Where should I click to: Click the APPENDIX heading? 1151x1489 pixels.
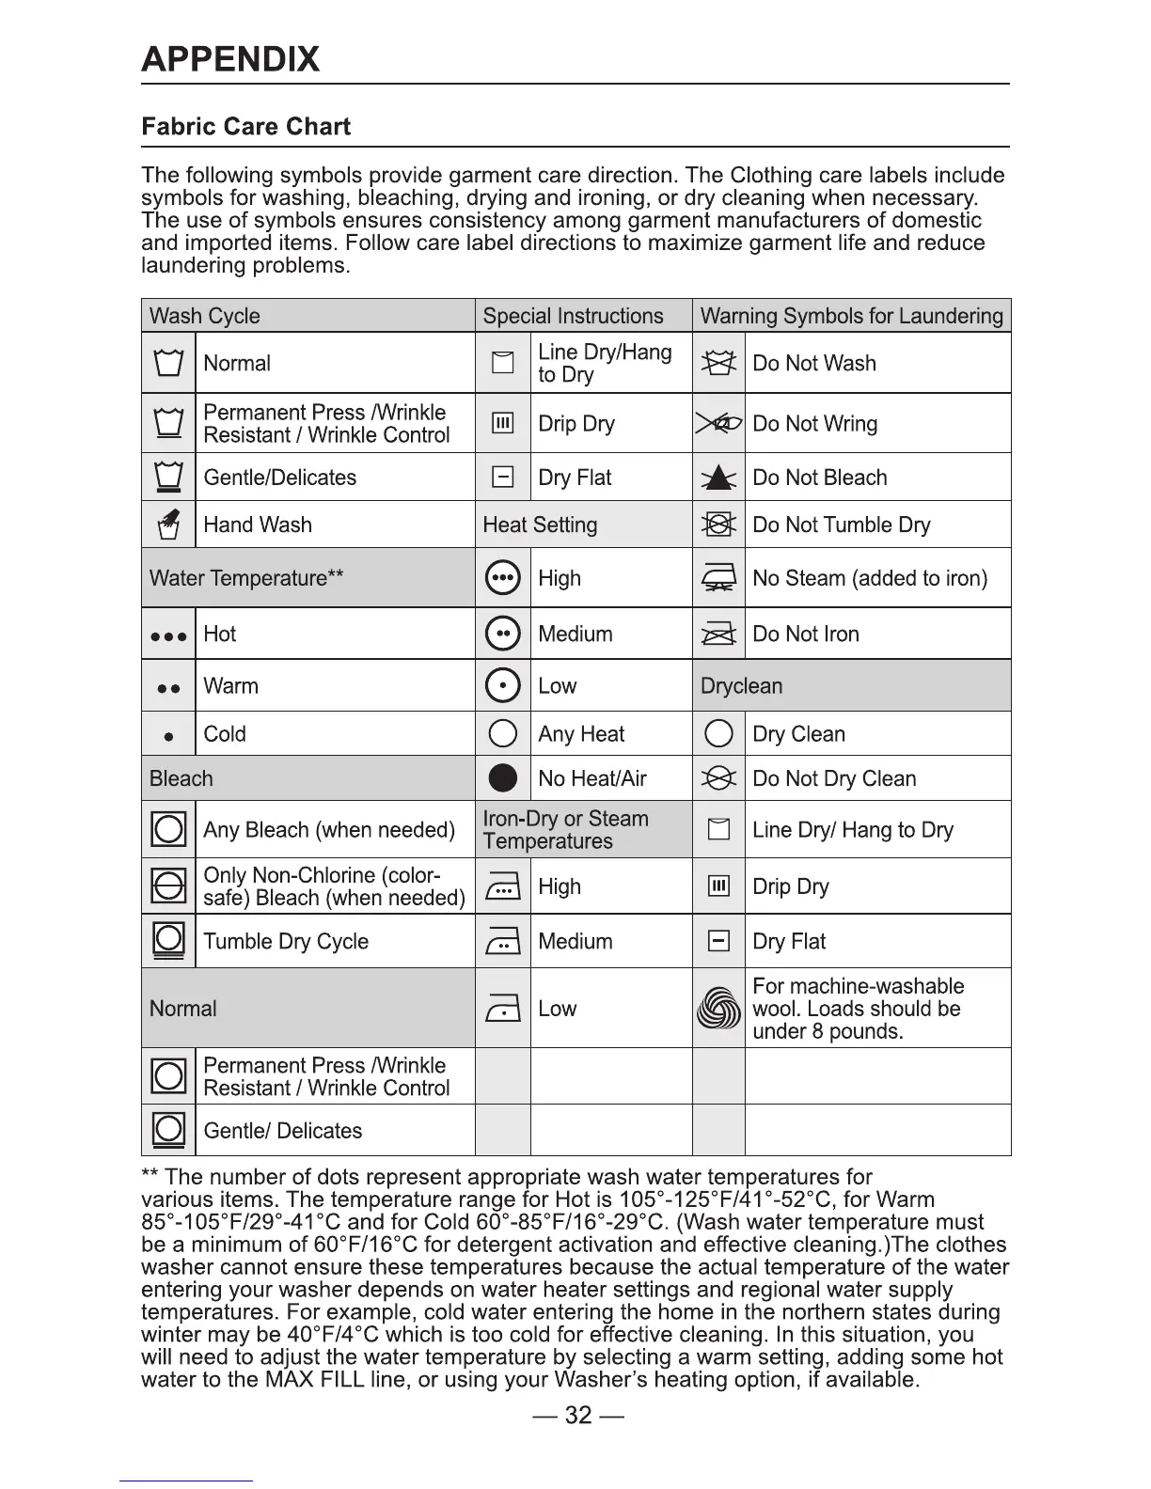click(230, 59)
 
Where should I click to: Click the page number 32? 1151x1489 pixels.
click(577, 1415)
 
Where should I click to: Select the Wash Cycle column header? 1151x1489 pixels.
click(205, 316)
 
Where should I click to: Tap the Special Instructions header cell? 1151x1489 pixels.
click(573, 316)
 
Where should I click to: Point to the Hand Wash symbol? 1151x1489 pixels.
click(168, 524)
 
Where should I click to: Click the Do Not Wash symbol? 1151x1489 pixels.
click(718, 363)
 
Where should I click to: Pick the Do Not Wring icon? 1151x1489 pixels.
click(718, 424)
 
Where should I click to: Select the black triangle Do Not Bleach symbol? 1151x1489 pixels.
click(718, 478)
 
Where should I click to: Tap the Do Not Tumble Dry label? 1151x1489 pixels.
click(841, 525)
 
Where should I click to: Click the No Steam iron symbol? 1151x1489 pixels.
click(718, 578)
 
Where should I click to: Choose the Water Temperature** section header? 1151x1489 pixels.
click(246, 578)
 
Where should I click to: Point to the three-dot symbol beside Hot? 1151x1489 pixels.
click(168, 635)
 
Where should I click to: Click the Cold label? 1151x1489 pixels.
click(225, 734)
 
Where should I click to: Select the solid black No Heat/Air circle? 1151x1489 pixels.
click(503, 778)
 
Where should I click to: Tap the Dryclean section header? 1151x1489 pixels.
click(741, 686)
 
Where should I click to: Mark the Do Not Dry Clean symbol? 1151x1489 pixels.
click(718, 778)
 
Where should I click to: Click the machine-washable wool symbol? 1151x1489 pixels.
click(718, 1009)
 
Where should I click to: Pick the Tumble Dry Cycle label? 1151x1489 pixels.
click(286, 941)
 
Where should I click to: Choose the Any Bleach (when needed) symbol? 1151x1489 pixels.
click(168, 829)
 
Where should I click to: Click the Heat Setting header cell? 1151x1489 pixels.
click(540, 525)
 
